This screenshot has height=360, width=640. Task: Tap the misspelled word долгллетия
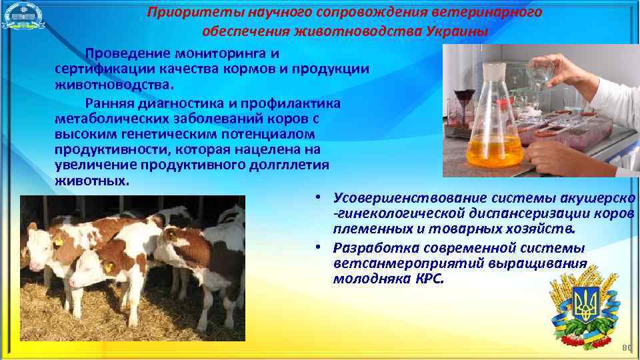point(286,165)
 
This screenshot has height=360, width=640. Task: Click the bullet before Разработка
point(321,248)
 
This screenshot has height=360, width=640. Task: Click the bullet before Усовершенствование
point(321,198)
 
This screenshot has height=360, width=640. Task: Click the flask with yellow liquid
point(494,133)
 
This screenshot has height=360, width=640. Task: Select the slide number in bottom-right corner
point(625,347)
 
